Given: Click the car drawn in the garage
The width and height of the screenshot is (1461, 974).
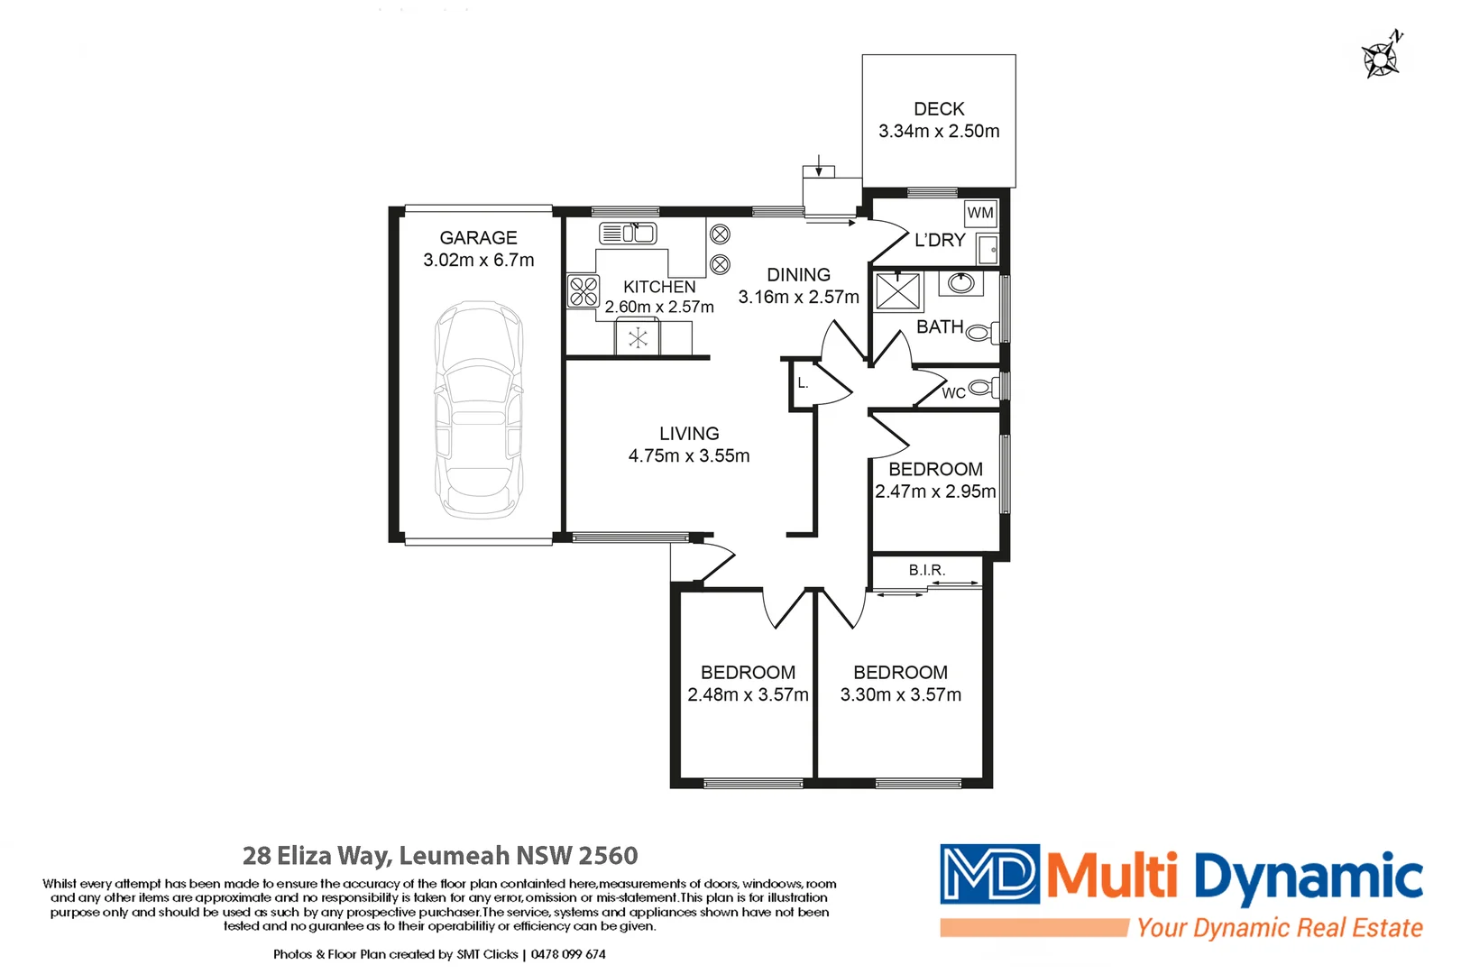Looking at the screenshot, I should click(x=479, y=410).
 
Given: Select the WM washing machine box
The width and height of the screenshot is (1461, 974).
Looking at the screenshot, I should click(x=980, y=214).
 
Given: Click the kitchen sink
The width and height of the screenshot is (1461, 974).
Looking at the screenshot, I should click(x=628, y=234).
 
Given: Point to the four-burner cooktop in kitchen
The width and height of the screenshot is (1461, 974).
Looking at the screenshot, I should click(x=583, y=291).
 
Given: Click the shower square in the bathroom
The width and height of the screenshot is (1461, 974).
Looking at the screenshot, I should click(x=898, y=291).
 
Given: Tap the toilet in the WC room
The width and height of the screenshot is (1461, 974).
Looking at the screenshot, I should click(x=982, y=389).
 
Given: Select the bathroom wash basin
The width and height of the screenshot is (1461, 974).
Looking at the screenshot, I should click(x=961, y=283).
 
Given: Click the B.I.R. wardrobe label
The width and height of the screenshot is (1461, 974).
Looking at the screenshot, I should click(x=927, y=570).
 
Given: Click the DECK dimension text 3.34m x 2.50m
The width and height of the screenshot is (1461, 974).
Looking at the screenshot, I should click(x=939, y=131).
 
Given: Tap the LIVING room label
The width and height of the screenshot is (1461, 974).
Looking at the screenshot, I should click(x=689, y=434).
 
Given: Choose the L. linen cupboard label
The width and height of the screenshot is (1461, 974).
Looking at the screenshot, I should click(x=803, y=383).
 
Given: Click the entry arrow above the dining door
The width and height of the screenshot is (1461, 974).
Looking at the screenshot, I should click(x=819, y=166).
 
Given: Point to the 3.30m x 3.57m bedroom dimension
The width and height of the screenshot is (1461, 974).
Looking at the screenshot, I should click(x=900, y=694).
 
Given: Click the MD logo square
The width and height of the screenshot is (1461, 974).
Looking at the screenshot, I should click(x=989, y=874).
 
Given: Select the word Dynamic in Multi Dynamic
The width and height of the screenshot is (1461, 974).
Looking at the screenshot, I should click(x=1308, y=878).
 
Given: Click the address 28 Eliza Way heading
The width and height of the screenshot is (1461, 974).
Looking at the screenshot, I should click(x=440, y=855).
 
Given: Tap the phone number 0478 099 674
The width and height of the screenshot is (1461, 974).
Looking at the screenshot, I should click(x=568, y=954).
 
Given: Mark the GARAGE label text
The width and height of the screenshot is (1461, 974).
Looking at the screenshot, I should click(x=478, y=238).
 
